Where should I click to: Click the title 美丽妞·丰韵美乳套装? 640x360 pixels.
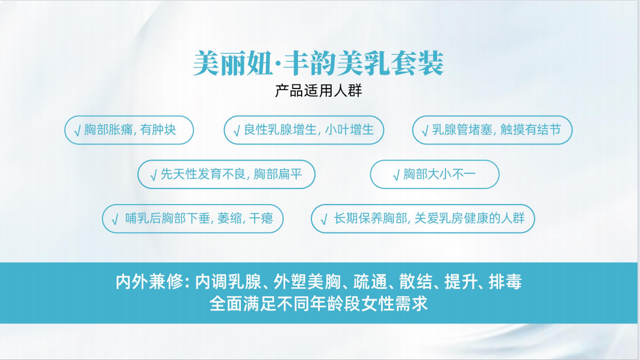(318, 63)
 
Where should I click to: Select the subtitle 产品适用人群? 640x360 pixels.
(318, 91)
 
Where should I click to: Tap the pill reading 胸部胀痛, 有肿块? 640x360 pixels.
(129, 130)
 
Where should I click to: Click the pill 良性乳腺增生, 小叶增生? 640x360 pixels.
(303, 130)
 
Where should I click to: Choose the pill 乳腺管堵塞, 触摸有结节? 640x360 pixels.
(492, 130)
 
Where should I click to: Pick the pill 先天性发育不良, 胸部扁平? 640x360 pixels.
(226, 175)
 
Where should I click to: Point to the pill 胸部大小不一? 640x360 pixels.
(435, 175)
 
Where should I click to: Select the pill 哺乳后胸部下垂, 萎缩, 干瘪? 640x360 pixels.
(193, 219)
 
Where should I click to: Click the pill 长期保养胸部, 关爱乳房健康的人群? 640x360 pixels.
(423, 219)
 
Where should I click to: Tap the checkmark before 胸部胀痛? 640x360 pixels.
(77, 131)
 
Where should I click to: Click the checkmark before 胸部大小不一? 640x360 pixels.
(396, 175)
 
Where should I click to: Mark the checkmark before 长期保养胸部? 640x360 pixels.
(324, 220)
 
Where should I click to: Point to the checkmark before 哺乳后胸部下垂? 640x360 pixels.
(115, 220)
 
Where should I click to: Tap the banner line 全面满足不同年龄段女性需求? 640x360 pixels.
(318, 303)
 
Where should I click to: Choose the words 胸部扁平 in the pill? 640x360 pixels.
(278, 174)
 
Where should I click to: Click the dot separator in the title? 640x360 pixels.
(278, 64)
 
